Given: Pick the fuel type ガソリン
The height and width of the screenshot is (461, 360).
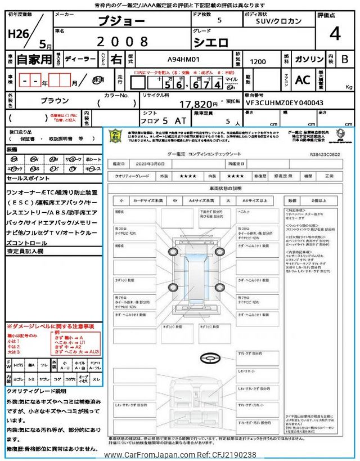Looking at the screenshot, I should click(309, 59).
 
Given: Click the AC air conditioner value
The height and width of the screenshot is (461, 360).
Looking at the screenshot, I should click(302, 80).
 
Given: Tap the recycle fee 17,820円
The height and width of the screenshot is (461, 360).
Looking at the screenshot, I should click(199, 104).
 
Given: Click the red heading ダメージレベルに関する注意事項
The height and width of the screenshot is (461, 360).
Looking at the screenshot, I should click(50, 326).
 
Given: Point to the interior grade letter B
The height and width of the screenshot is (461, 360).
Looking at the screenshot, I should click(345, 59).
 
